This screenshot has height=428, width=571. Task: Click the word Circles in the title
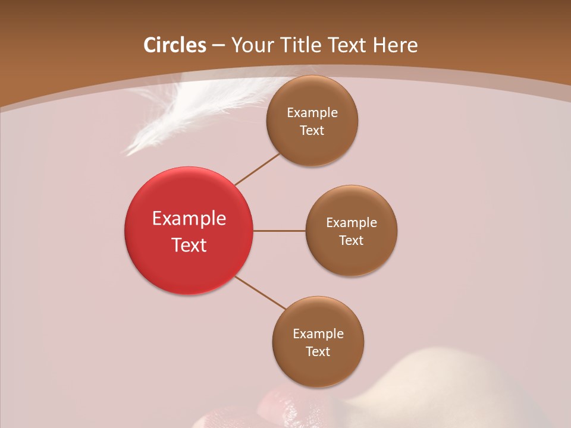pyautogui.click(x=174, y=45)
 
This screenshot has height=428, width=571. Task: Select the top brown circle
pyautogui.click(x=312, y=146)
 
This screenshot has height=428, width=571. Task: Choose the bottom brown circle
pyautogui.click(x=318, y=369)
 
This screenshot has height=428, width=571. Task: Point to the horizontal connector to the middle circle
pyautogui.click(x=280, y=231)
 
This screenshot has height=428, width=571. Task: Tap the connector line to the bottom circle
pyautogui.click(x=261, y=293)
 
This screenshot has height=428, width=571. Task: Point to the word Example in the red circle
pyautogui.click(x=189, y=219)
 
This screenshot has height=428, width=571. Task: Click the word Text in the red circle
pyautogui.click(x=189, y=245)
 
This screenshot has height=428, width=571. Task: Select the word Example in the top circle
pyautogui.click(x=312, y=113)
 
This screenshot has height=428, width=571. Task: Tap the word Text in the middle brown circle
pyautogui.click(x=351, y=241)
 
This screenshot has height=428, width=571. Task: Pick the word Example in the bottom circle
pyautogui.click(x=318, y=334)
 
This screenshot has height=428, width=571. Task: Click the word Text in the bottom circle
pyautogui.click(x=318, y=352)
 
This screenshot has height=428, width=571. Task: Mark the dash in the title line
pyautogui.click(x=218, y=46)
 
